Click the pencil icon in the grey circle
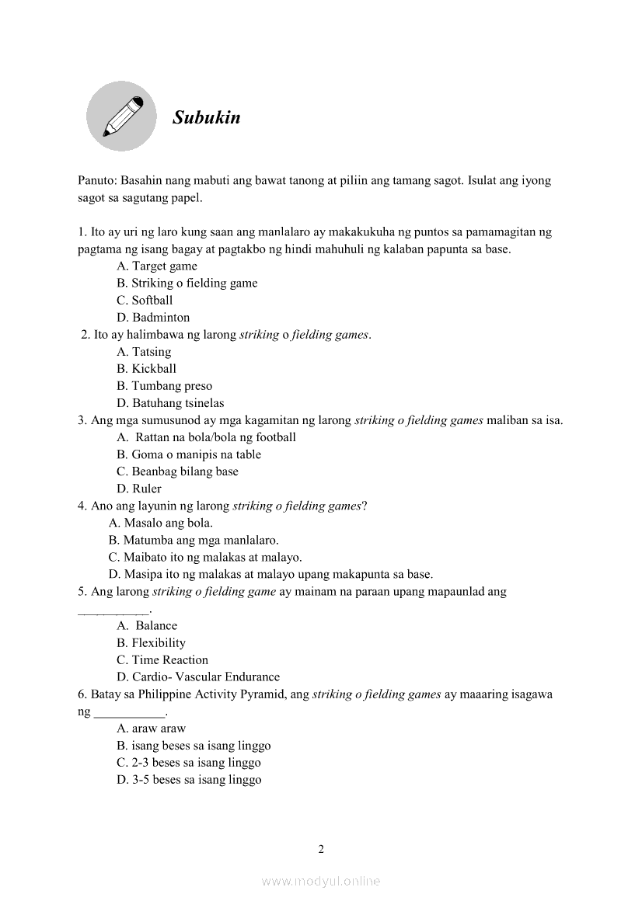[121, 117]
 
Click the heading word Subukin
[206, 118]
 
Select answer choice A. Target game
[157, 266]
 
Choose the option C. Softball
[145, 300]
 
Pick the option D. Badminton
[153, 317]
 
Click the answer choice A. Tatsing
[144, 351]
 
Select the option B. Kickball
[147, 368]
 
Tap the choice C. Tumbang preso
[164, 385]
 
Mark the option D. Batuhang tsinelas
[170, 402]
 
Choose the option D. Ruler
[139, 488]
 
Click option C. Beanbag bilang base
[177, 471]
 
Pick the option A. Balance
[148, 625]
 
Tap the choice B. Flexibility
[151, 642]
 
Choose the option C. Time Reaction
[162, 659]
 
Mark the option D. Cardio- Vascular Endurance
[198, 677]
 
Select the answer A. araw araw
[152, 728]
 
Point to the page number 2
[321, 848]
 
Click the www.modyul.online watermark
[321, 881]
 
